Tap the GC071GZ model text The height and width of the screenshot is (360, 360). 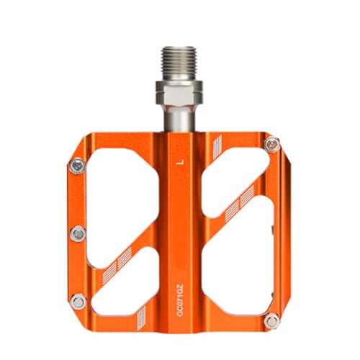click(181, 300)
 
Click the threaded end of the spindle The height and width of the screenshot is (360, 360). click(179, 63)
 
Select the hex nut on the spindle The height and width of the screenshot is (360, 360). click(179, 94)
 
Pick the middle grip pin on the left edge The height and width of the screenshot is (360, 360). click(78, 233)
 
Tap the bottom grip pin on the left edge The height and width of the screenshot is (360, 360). click(78, 302)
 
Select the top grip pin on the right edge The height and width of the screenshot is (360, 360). click(272, 145)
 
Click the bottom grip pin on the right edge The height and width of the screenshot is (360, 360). click(272, 320)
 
